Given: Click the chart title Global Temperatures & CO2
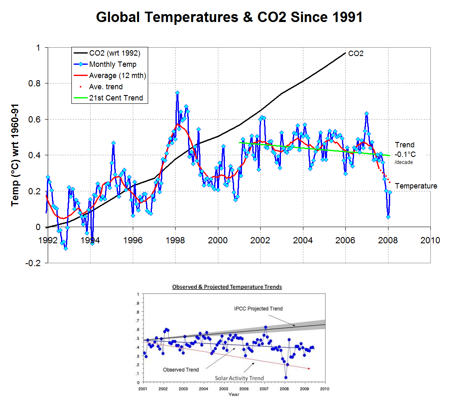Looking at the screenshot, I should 230,17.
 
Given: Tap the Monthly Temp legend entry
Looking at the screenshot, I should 112,64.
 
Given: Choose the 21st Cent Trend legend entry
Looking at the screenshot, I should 116,98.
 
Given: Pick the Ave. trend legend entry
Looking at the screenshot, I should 106,87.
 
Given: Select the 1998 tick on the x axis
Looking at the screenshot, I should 176,240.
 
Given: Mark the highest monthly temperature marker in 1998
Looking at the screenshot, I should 177,93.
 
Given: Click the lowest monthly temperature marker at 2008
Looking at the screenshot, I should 388,217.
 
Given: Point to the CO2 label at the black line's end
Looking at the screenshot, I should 356,54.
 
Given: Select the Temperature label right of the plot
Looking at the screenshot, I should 416,186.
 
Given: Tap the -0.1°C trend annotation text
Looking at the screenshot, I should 404,154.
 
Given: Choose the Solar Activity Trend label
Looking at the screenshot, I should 239,378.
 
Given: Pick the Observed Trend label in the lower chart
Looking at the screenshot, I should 181,370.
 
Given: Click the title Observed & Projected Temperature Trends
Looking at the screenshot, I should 227,287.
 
